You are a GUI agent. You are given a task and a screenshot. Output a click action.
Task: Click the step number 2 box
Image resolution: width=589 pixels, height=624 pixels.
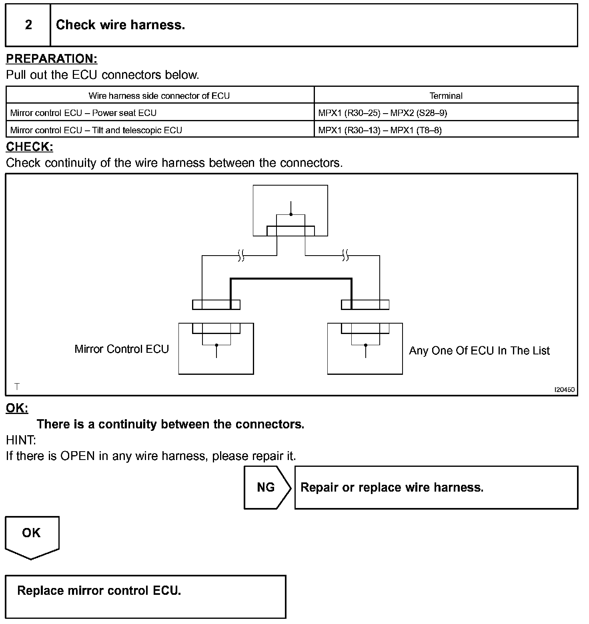(28, 25)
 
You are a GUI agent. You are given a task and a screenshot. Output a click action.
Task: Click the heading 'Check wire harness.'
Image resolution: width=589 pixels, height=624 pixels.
(120, 25)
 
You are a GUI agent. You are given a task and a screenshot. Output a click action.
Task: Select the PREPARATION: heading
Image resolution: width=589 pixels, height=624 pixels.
(52, 59)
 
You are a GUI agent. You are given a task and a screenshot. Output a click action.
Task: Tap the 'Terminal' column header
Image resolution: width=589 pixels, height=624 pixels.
(446, 96)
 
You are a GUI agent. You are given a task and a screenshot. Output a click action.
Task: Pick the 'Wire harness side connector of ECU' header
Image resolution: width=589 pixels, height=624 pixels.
(159, 96)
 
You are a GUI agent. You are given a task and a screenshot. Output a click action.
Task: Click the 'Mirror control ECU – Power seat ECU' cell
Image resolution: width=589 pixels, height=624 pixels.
(83, 113)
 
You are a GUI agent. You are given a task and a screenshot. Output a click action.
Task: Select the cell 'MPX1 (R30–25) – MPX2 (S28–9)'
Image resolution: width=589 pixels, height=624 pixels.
(383, 113)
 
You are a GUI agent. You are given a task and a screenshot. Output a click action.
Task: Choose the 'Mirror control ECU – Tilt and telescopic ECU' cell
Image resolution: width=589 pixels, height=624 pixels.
(96, 130)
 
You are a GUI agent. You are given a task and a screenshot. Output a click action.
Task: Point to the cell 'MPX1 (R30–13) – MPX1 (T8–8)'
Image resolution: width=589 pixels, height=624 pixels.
(380, 130)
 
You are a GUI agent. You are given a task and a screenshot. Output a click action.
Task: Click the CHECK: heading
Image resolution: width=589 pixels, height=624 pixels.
(29, 147)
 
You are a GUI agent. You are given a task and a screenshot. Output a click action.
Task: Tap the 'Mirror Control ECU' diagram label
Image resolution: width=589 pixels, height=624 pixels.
(122, 349)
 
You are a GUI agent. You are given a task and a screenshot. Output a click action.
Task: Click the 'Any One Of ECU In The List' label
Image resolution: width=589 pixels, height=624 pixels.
(479, 351)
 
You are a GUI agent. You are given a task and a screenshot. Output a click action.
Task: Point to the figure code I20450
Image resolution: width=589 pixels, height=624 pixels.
(564, 390)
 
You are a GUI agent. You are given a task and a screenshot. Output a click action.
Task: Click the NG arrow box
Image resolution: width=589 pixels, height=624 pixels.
(266, 487)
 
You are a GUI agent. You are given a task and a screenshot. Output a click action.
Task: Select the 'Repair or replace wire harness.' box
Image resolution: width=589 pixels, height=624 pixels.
(436, 487)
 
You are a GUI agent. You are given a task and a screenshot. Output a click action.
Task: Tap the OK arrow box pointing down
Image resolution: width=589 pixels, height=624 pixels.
(32, 536)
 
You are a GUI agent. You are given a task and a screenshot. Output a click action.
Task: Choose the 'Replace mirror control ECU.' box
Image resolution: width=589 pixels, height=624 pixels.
(146, 596)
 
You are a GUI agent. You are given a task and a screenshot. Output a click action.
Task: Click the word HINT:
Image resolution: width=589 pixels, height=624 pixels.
(21, 440)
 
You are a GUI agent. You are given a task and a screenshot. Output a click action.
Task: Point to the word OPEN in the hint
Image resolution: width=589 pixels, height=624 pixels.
(78, 456)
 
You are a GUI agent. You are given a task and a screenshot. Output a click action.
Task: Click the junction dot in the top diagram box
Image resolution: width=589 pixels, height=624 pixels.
(291, 214)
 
